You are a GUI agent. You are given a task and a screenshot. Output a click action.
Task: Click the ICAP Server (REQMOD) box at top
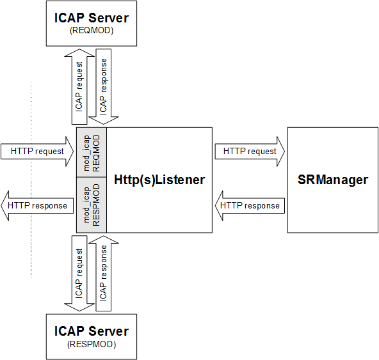[x=90, y=23]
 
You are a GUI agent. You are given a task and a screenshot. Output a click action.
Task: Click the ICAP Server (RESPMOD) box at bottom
[x=90, y=336]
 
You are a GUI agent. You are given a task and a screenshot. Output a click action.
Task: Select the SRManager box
[x=332, y=180]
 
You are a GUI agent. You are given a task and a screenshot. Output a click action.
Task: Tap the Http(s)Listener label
[x=159, y=180]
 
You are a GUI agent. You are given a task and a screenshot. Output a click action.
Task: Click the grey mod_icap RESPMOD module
[x=92, y=205]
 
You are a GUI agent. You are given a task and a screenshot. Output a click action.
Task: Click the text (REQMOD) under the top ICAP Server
[x=90, y=30]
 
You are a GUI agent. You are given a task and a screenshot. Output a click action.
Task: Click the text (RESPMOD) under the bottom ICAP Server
[x=90, y=345]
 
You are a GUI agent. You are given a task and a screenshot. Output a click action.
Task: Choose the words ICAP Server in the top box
[x=90, y=18]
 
